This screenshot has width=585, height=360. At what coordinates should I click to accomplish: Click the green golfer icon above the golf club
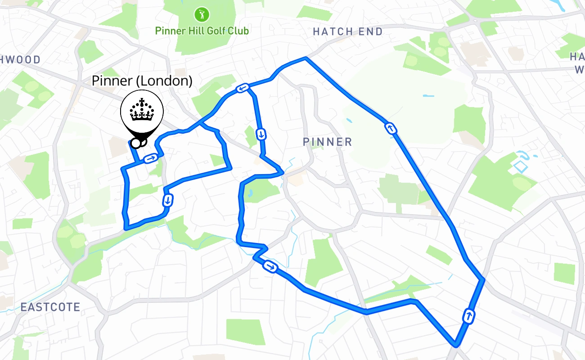[x=202, y=14]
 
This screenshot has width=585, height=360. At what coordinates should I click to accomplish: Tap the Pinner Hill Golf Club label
[x=202, y=31]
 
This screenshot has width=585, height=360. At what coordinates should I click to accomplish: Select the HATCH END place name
[x=347, y=31]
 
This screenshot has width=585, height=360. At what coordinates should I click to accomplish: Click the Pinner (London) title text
[x=142, y=81]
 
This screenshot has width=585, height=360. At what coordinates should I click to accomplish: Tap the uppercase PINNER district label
[x=327, y=142]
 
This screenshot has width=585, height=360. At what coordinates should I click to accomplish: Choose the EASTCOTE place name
[x=50, y=307]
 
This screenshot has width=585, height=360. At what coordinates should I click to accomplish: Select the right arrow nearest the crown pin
[x=151, y=158]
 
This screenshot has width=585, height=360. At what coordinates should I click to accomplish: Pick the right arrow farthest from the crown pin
[x=270, y=266]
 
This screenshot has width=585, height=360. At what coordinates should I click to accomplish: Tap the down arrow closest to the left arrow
[x=261, y=134]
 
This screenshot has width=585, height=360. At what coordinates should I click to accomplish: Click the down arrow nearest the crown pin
[x=168, y=199]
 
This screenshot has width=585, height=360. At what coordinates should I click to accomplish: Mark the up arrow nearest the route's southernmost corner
[x=469, y=316]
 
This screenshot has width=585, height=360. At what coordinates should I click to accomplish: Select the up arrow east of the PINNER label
[x=391, y=129]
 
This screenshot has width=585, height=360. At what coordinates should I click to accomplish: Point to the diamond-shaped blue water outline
[x=520, y=167]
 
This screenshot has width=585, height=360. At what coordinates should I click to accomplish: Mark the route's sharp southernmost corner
[x=456, y=345]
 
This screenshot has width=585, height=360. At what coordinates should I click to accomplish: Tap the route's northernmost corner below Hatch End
[x=306, y=58]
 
